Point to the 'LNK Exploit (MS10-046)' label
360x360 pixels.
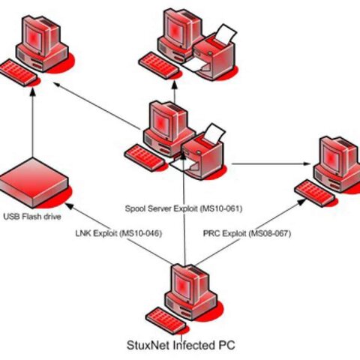click(x=119, y=233)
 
